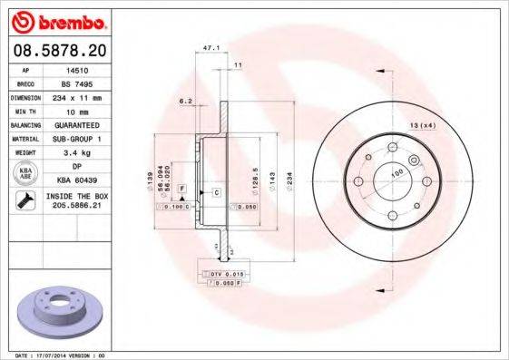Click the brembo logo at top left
click(57, 20)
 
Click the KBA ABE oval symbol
click(26, 173)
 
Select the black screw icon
click(25, 201)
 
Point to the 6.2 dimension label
click(185, 101)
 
